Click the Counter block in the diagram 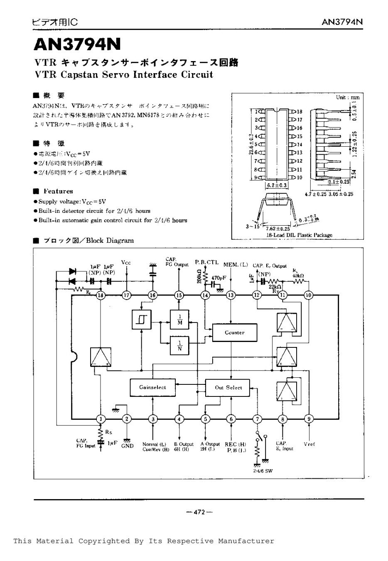point(234,332)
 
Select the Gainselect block point(152,387)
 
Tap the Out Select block point(228,387)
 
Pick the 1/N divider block point(180,345)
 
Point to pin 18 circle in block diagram point(100,295)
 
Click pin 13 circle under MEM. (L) point(231,295)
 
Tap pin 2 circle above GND point(127,419)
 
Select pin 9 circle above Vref point(309,419)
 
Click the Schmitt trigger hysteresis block point(141,320)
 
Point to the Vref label point(309,444)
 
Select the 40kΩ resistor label point(297,275)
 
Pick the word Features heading point(58,191)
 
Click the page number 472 point(199,512)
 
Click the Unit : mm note point(348,97)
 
